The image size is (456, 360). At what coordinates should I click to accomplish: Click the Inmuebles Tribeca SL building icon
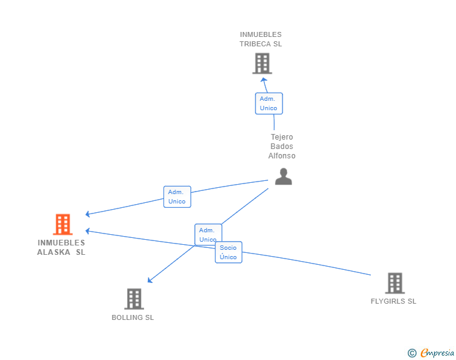[262, 63]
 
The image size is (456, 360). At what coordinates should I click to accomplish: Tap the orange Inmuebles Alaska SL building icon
[63, 224]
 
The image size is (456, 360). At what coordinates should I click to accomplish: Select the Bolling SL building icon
[134, 299]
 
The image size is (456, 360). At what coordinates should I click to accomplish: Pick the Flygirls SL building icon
[395, 283]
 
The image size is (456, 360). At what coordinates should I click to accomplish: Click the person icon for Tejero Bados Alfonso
[283, 177]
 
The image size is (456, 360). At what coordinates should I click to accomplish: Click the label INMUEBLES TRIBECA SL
[261, 39]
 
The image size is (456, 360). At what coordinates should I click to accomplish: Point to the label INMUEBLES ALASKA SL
[61, 247]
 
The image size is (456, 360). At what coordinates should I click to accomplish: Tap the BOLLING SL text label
[133, 317]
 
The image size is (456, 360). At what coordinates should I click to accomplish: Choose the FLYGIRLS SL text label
[393, 301]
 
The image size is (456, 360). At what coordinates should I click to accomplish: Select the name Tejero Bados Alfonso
[282, 147]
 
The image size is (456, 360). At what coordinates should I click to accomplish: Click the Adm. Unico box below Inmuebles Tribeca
[269, 103]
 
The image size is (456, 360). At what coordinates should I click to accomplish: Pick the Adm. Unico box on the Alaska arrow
[177, 197]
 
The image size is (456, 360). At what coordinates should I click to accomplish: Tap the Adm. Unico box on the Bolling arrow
[208, 235]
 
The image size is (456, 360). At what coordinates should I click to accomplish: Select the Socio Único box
[229, 252]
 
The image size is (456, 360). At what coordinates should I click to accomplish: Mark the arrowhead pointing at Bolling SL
[150, 280]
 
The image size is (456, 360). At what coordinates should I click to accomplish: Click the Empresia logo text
[437, 353]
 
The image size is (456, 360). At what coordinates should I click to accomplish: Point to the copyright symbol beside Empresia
[412, 353]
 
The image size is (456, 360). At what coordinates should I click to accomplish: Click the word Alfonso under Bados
[282, 156]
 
